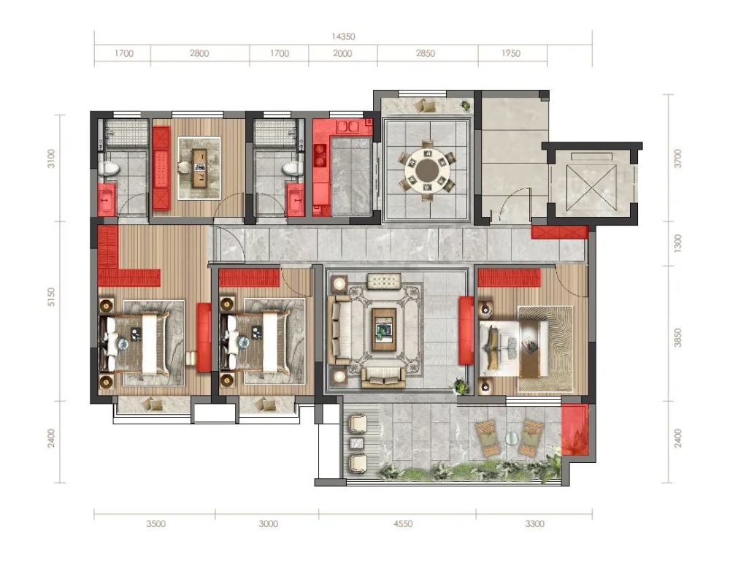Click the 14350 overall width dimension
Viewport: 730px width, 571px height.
343,37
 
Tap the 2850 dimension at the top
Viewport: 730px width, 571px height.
426,53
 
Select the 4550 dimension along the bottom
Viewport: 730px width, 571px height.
403,524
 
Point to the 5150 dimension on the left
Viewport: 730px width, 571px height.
51,297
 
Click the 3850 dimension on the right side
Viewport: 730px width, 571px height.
677,337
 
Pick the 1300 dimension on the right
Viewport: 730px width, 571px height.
677,244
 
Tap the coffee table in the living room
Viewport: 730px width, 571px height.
384,329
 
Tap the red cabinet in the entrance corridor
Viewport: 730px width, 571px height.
560,232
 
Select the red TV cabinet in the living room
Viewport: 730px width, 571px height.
466,331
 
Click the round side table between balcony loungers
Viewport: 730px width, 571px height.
511,438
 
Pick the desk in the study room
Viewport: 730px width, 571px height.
200,168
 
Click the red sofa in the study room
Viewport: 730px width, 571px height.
161,168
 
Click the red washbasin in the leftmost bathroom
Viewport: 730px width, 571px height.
107,199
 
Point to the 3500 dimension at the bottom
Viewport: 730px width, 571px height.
156,524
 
